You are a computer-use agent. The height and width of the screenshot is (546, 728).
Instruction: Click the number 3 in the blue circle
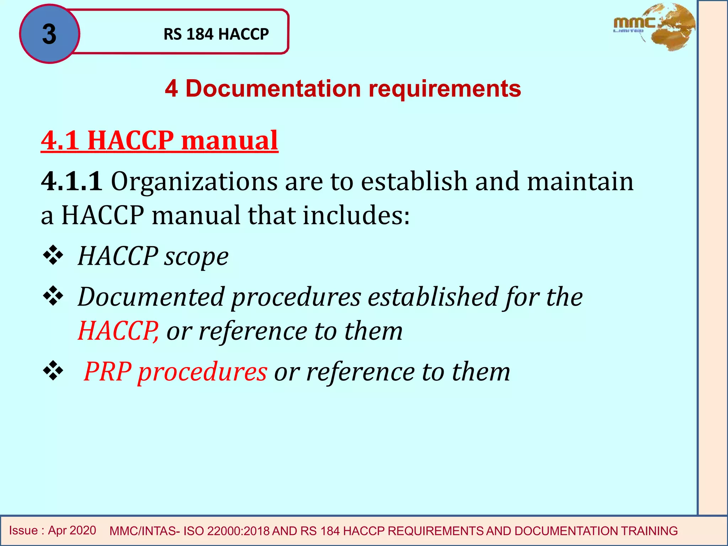[49, 34]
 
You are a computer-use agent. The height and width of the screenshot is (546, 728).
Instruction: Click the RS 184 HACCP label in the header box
[216, 34]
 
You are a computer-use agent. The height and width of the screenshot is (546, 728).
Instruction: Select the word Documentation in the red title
[273, 89]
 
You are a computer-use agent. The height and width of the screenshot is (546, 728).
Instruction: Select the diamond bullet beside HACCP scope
[53, 255]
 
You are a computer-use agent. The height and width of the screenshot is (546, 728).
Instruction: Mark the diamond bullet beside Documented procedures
[53, 296]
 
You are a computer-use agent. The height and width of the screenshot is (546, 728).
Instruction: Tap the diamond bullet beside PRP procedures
[53, 371]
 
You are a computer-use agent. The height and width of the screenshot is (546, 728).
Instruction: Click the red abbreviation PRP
[107, 371]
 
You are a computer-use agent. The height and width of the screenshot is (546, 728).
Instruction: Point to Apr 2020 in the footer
[72, 530]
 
